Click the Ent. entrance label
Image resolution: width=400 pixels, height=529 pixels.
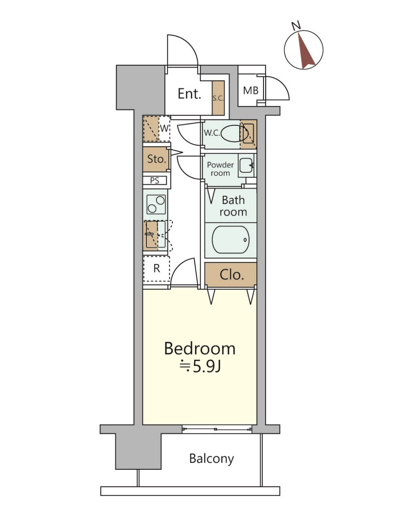[189, 94]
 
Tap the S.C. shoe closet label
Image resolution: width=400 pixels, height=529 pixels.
[218, 98]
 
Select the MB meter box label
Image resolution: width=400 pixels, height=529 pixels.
[251, 91]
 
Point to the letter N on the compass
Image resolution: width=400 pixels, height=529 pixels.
[296, 25]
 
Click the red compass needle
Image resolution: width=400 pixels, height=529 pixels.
[306, 51]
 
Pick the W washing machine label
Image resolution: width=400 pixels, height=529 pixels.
[164, 128]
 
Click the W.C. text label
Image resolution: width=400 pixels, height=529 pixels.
[212, 133]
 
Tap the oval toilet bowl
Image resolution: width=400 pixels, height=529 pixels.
[234, 133]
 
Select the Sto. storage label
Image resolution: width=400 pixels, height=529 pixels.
[157, 159]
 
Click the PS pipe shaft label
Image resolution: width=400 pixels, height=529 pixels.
[155, 181]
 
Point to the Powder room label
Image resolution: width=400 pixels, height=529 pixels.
[220, 169]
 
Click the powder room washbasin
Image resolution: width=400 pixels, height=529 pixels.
[246, 165]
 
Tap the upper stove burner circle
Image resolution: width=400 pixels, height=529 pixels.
[160, 200]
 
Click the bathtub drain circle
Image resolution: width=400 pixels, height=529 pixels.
[245, 240]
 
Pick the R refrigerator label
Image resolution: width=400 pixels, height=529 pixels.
[157, 268]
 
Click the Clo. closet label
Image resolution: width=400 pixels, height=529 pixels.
[232, 275]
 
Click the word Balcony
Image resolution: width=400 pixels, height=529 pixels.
[212, 459]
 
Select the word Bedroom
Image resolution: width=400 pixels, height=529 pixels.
[200, 348]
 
